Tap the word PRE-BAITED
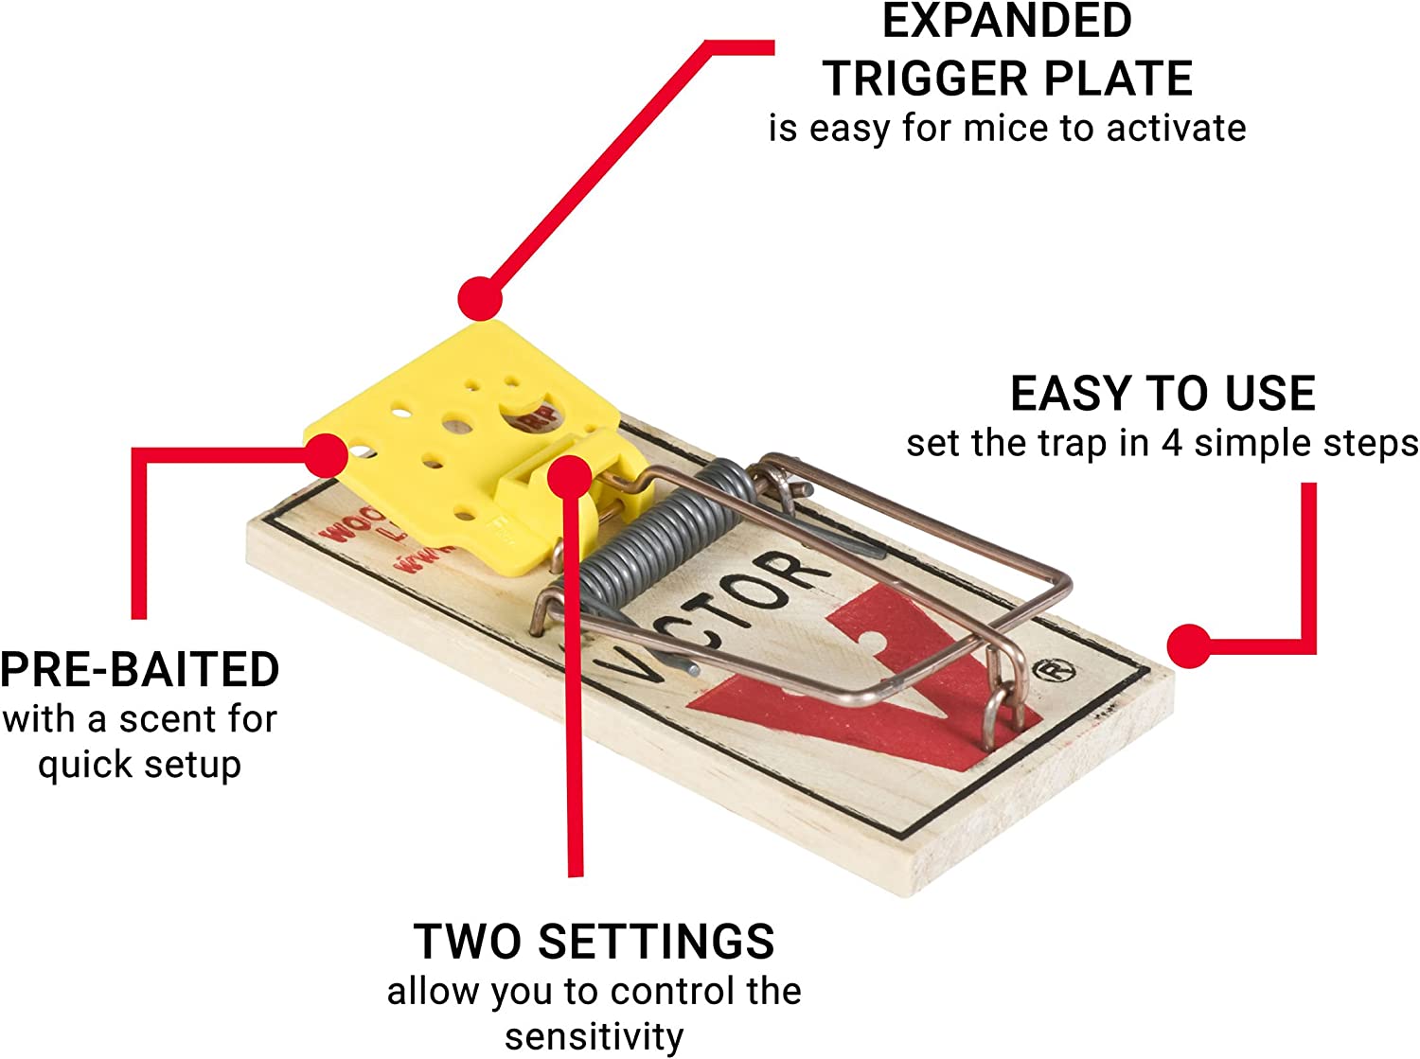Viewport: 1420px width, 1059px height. (x=139, y=670)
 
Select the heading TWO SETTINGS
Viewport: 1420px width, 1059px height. (x=594, y=942)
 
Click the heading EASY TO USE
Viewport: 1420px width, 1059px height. (x=1163, y=394)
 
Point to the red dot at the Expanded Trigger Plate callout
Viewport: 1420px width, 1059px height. (x=480, y=299)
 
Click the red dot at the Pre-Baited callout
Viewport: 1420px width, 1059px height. (x=328, y=455)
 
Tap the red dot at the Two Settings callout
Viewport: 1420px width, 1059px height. (x=570, y=476)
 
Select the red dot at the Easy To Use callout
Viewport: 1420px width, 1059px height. (x=1188, y=647)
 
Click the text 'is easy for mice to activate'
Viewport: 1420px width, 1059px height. (x=1006, y=128)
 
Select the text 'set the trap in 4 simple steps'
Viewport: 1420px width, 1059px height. (x=1162, y=443)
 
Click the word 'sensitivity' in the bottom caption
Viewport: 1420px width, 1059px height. (x=594, y=1036)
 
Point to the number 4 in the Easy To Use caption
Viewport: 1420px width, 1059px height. (x=1172, y=443)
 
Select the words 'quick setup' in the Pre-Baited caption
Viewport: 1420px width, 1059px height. (x=139, y=765)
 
